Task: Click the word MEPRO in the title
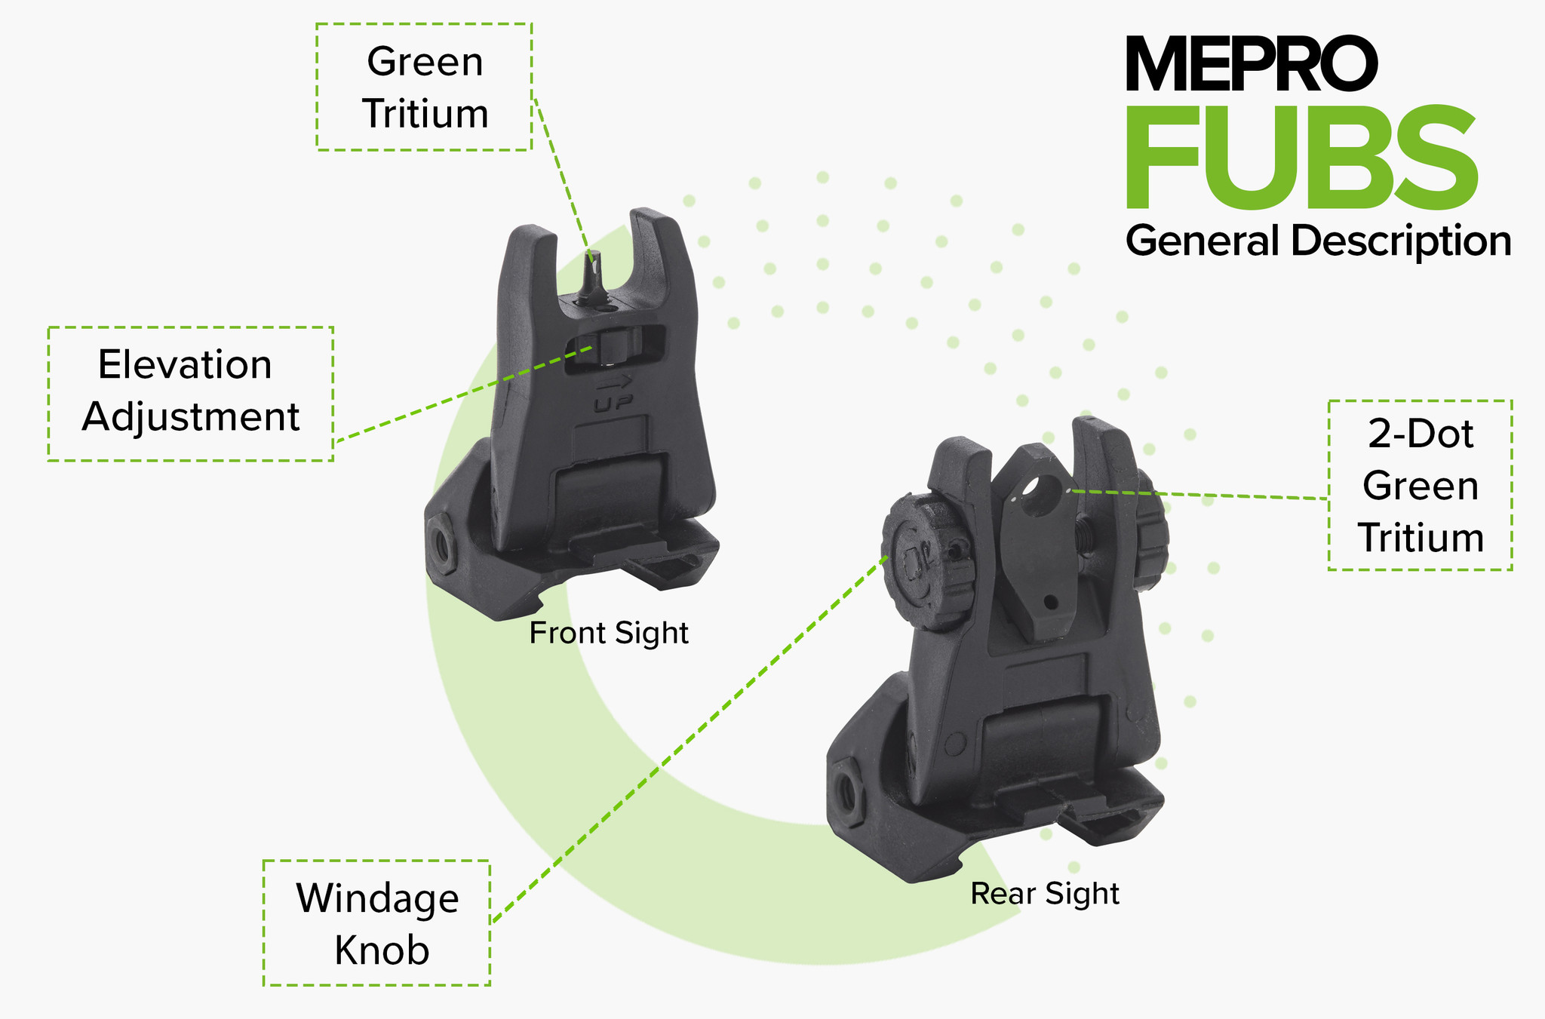[x=1251, y=64]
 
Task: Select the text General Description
[x=1318, y=241]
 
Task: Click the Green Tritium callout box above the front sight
[x=424, y=87]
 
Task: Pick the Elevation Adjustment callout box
[x=190, y=393]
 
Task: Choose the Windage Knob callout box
[x=376, y=922]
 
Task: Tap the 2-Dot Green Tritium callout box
[x=1420, y=485]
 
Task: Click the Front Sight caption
[x=609, y=633]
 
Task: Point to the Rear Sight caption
[x=1044, y=894]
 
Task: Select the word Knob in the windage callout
[x=382, y=950]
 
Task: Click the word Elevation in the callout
[x=185, y=365]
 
